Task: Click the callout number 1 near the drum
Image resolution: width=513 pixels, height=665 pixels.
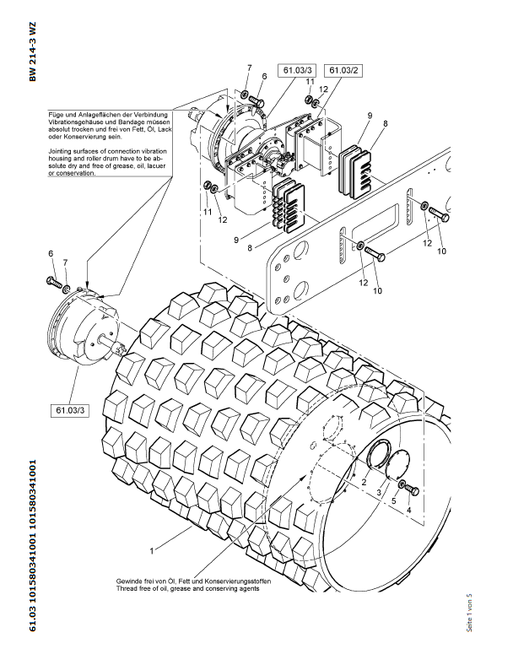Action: click(151, 550)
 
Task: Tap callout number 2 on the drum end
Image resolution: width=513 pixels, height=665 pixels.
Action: click(364, 482)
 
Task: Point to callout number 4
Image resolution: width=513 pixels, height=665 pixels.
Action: click(409, 511)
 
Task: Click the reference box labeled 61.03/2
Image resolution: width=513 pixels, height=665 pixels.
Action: click(343, 70)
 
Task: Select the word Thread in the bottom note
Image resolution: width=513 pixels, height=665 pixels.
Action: click(127, 589)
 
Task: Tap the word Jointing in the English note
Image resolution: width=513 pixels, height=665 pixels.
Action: click(62, 149)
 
